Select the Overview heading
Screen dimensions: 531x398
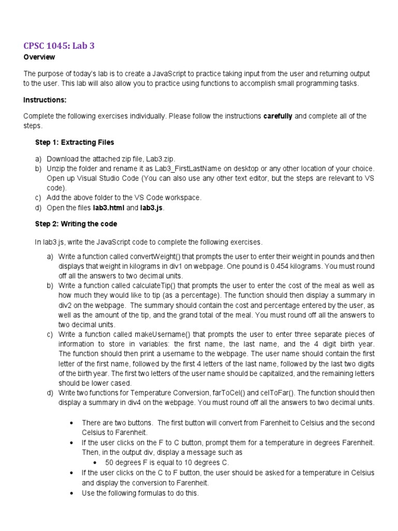point(39,57)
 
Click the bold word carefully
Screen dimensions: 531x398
point(278,116)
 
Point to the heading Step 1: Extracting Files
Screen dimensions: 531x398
point(74,142)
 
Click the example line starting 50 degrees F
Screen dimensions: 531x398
point(166,462)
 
